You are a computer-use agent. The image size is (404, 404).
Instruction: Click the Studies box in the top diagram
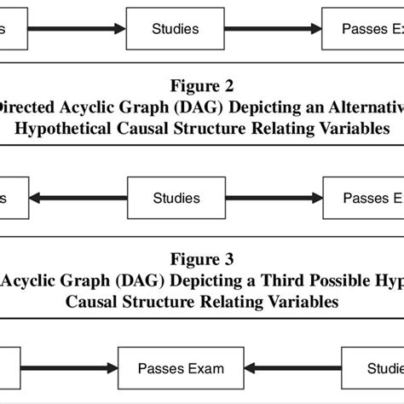pos(176,29)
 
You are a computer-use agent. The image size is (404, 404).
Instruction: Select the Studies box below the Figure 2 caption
pos(176,199)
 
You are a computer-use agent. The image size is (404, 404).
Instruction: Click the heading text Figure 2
pos(202,86)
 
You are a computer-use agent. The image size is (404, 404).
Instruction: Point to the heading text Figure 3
pos(202,257)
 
